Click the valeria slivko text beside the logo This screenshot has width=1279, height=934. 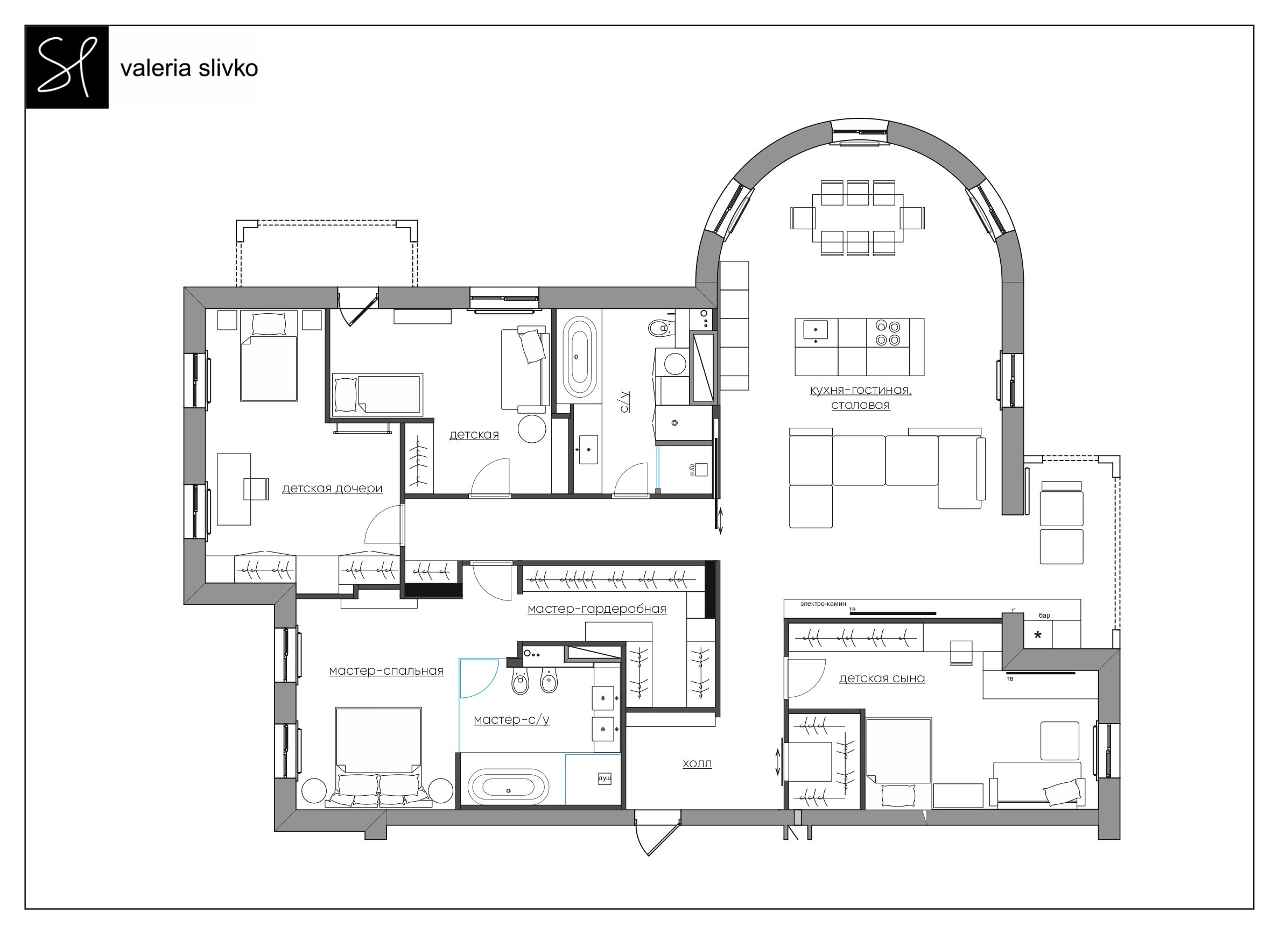189,68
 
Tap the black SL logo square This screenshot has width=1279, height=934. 67,67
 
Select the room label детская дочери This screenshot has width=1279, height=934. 332,489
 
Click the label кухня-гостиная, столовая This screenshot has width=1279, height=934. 860,398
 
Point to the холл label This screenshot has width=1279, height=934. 697,764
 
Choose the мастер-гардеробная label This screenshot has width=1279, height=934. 597,609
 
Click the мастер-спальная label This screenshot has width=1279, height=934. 386,671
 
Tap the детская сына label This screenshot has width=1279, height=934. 882,678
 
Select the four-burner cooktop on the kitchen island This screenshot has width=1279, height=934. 888,333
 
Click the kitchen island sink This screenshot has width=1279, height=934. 815,330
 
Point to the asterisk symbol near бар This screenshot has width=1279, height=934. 1037,635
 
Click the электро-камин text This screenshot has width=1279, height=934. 823,604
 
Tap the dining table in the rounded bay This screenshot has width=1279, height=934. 858,218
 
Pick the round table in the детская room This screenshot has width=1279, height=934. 532,429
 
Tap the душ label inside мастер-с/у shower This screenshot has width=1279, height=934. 605,779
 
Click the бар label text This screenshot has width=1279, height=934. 1044,615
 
